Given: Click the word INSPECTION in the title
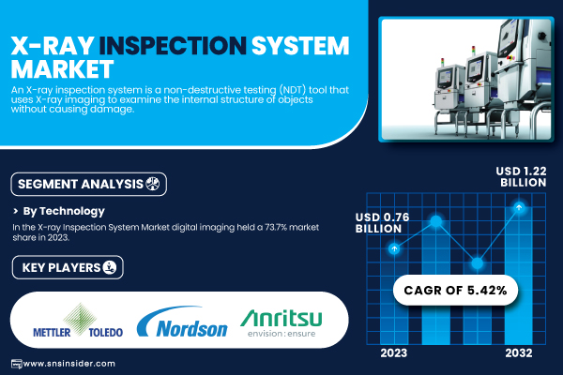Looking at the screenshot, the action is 173,46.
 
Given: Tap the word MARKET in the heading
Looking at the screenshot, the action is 62,68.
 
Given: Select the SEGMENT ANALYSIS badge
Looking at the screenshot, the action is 89,184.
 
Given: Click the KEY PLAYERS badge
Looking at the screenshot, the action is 68,267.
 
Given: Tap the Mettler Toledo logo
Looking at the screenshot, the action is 78,321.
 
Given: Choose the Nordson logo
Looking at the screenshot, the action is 182,322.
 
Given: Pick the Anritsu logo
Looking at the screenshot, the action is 281,322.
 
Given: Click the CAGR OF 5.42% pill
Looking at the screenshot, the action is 456,290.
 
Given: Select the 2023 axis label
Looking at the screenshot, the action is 394,353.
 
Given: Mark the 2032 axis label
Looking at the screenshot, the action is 519,353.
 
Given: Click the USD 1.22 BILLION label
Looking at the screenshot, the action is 522,176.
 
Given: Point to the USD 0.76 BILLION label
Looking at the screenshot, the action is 383,222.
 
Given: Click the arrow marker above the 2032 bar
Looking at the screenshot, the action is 519,207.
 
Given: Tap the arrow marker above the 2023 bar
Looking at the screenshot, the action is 394,248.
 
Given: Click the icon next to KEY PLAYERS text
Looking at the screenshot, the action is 110,267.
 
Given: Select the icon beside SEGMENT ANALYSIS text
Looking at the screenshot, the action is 152,184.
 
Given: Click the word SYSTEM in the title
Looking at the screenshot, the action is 300,46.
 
